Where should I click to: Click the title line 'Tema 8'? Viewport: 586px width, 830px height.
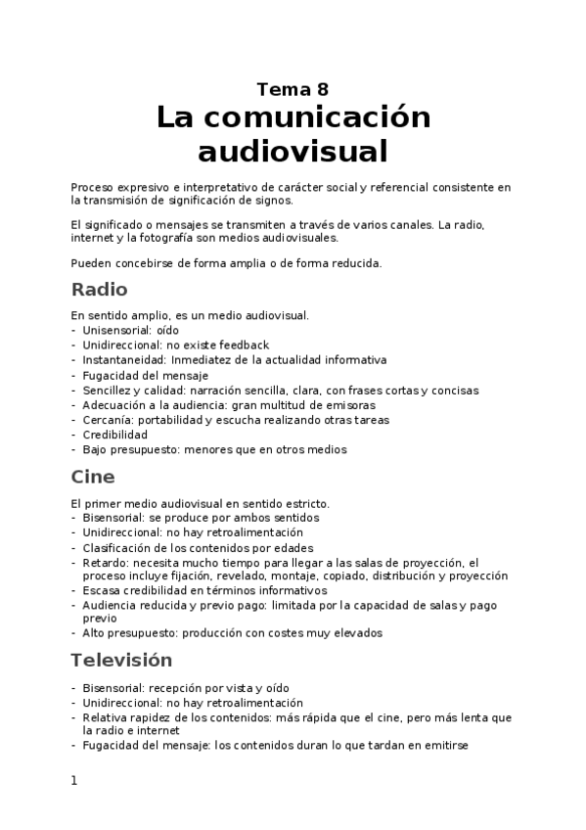click(293, 89)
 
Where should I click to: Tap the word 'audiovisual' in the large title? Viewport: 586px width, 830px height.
click(293, 152)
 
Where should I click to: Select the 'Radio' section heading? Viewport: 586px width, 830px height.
click(99, 290)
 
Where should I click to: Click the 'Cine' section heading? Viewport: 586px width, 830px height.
click(93, 477)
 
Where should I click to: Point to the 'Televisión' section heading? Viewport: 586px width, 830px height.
click(121, 660)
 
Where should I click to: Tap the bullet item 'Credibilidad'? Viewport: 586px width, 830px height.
click(114, 435)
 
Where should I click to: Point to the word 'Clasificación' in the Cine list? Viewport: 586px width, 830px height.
click(118, 547)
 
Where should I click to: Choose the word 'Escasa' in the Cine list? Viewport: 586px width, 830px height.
click(102, 590)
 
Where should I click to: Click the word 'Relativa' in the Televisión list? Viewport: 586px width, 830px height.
click(106, 717)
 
